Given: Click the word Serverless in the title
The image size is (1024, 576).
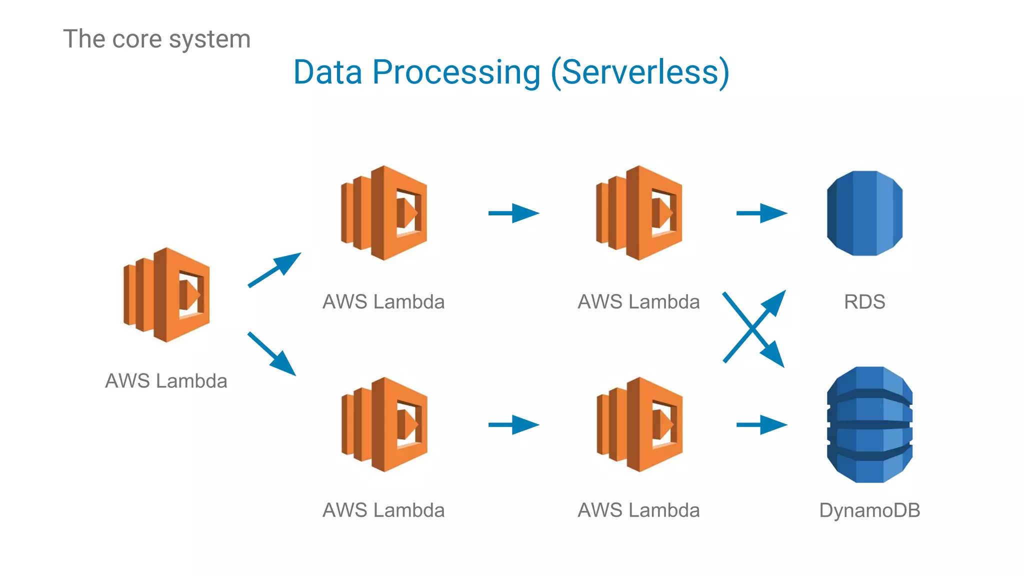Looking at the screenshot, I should click(640, 73).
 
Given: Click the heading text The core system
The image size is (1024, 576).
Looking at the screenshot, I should click(156, 39).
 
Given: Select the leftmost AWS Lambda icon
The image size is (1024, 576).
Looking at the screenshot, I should click(166, 295).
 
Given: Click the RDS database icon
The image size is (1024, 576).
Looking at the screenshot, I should click(864, 213).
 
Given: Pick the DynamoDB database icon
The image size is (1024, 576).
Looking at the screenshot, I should click(869, 424).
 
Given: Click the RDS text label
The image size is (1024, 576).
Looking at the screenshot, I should click(864, 302).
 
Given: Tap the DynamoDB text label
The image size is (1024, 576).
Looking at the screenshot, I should click(869, 510).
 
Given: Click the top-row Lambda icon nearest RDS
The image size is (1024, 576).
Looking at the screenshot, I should click(639, 213).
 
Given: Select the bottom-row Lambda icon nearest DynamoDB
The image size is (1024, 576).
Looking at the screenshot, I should click(639, 424).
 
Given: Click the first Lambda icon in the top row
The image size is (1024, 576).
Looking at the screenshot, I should click(384, 213).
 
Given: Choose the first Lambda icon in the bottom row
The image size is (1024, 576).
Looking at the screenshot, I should click(384, 424).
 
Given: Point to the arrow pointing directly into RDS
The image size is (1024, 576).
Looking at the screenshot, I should click(761, 213).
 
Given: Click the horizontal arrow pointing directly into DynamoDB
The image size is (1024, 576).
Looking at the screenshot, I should click(761, 425).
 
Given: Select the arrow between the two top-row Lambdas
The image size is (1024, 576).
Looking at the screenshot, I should click(513, 213).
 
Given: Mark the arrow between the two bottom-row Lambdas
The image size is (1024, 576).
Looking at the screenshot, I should click(513, 425).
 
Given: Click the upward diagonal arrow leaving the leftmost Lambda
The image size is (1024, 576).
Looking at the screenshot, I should click(274, 270).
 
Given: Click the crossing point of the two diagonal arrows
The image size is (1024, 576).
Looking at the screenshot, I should click(752, 328).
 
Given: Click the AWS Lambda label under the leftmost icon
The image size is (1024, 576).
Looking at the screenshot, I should click(166, 381).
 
